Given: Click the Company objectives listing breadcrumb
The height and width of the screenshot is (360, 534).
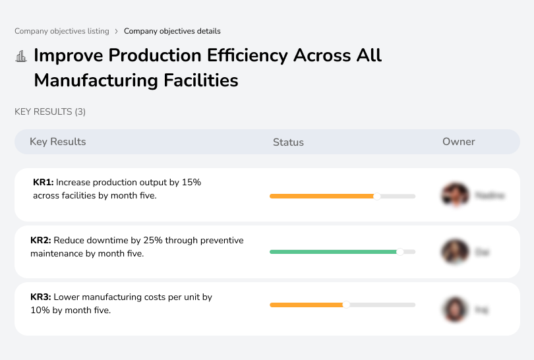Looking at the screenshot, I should pos(62,31).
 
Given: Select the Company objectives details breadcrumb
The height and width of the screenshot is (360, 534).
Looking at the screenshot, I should pos(172,31).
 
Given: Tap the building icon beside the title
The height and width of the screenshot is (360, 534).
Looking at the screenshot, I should pos(21,56).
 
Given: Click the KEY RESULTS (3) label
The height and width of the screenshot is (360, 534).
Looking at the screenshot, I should pos(50,112).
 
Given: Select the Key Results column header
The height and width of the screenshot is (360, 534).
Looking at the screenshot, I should pos(58,142).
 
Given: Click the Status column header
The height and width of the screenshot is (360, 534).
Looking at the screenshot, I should pos(288,142).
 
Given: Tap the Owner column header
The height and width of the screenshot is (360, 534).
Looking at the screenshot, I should pos(459,142).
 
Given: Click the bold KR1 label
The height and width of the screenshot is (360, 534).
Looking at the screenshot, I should pos(43,182).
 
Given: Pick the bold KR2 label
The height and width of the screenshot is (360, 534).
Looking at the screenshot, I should pos(41,240).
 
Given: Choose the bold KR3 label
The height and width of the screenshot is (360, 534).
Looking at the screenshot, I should pos(41,297).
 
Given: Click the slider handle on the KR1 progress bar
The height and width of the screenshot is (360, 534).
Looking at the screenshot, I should pos(377,196).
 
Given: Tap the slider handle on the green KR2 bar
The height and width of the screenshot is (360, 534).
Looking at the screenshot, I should pos(400,252).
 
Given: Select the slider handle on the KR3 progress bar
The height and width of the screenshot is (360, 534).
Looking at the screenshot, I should pos(346,305).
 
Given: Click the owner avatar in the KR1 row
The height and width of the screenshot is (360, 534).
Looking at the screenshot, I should pos(454,195).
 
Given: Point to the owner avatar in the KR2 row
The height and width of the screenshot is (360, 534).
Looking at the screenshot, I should pos(454,252).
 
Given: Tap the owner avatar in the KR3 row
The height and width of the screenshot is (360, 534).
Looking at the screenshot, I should pos(454,309).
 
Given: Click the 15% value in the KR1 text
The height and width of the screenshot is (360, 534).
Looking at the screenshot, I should pos(191,182).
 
